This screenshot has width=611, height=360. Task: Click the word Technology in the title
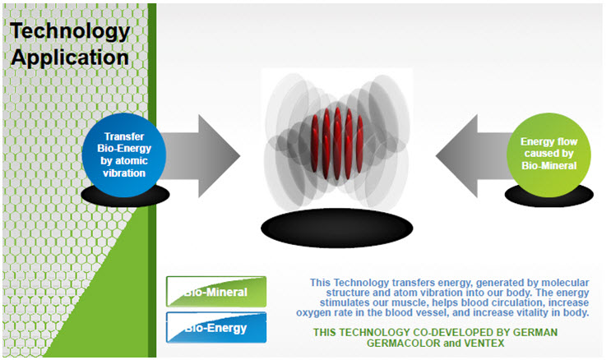tap(70, 31)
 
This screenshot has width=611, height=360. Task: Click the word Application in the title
tap(70, 58)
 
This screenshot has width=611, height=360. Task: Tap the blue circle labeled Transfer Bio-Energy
tap(124, 155)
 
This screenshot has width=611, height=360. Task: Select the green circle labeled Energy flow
tap(549, 155)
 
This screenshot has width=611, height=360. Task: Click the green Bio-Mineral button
tap(216, 292)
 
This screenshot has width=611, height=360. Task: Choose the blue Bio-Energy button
tap(216, 328)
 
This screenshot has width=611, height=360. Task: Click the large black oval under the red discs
tap(336, 228)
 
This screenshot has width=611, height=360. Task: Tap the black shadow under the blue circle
tap(126, 196)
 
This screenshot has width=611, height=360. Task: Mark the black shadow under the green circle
tap(549, 196)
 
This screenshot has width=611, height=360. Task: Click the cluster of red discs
tap(337, 143)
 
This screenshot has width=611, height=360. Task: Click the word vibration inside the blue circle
tap(124, 173)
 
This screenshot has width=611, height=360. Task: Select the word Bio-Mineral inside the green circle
tap(549, 165)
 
